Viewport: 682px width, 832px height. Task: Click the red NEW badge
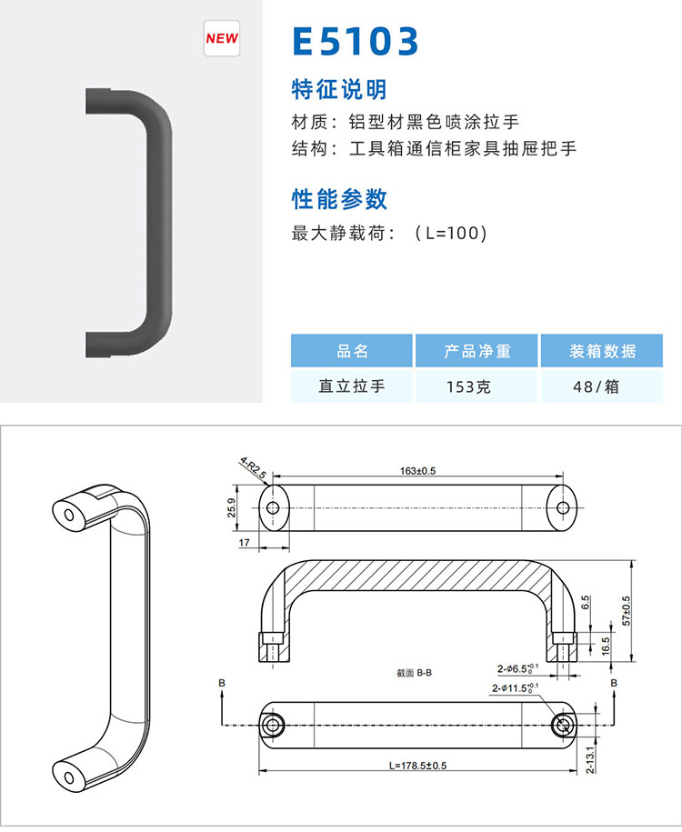[x=222, y=38]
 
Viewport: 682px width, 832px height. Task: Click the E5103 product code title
[x=356, y=42]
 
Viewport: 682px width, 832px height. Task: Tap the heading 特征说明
[x=339, y=89]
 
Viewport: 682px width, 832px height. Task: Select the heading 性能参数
[x=339, y=199]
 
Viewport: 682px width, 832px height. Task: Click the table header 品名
[x=352, y=351]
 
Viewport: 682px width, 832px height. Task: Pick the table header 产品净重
[x=477, y=351]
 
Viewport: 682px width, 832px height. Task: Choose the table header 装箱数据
[x=602, y=351]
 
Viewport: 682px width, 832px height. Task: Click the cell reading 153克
[x=468, y=386]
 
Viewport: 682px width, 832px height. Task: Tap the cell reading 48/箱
[x=596, y=386]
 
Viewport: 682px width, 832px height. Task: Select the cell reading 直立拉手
[x=352, y=386]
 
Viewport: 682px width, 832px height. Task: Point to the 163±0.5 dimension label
[x=417, y=471]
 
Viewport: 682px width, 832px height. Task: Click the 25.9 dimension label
[x=231, y=507]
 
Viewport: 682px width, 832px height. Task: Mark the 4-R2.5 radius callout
[x=253, y=467]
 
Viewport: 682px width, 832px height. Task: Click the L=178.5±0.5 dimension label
[x=417, y=765]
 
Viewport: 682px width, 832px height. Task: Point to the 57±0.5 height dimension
[x=627, y=611]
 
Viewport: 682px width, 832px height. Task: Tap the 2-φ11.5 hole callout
[x=515, y=687]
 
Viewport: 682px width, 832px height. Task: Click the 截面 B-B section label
[x=414, y=673]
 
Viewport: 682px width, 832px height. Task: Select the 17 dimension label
[x=244, y=542]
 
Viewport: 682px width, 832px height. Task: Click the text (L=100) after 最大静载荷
[x=450, y=233]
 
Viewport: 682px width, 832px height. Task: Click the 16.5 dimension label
[x=607, y=647]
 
